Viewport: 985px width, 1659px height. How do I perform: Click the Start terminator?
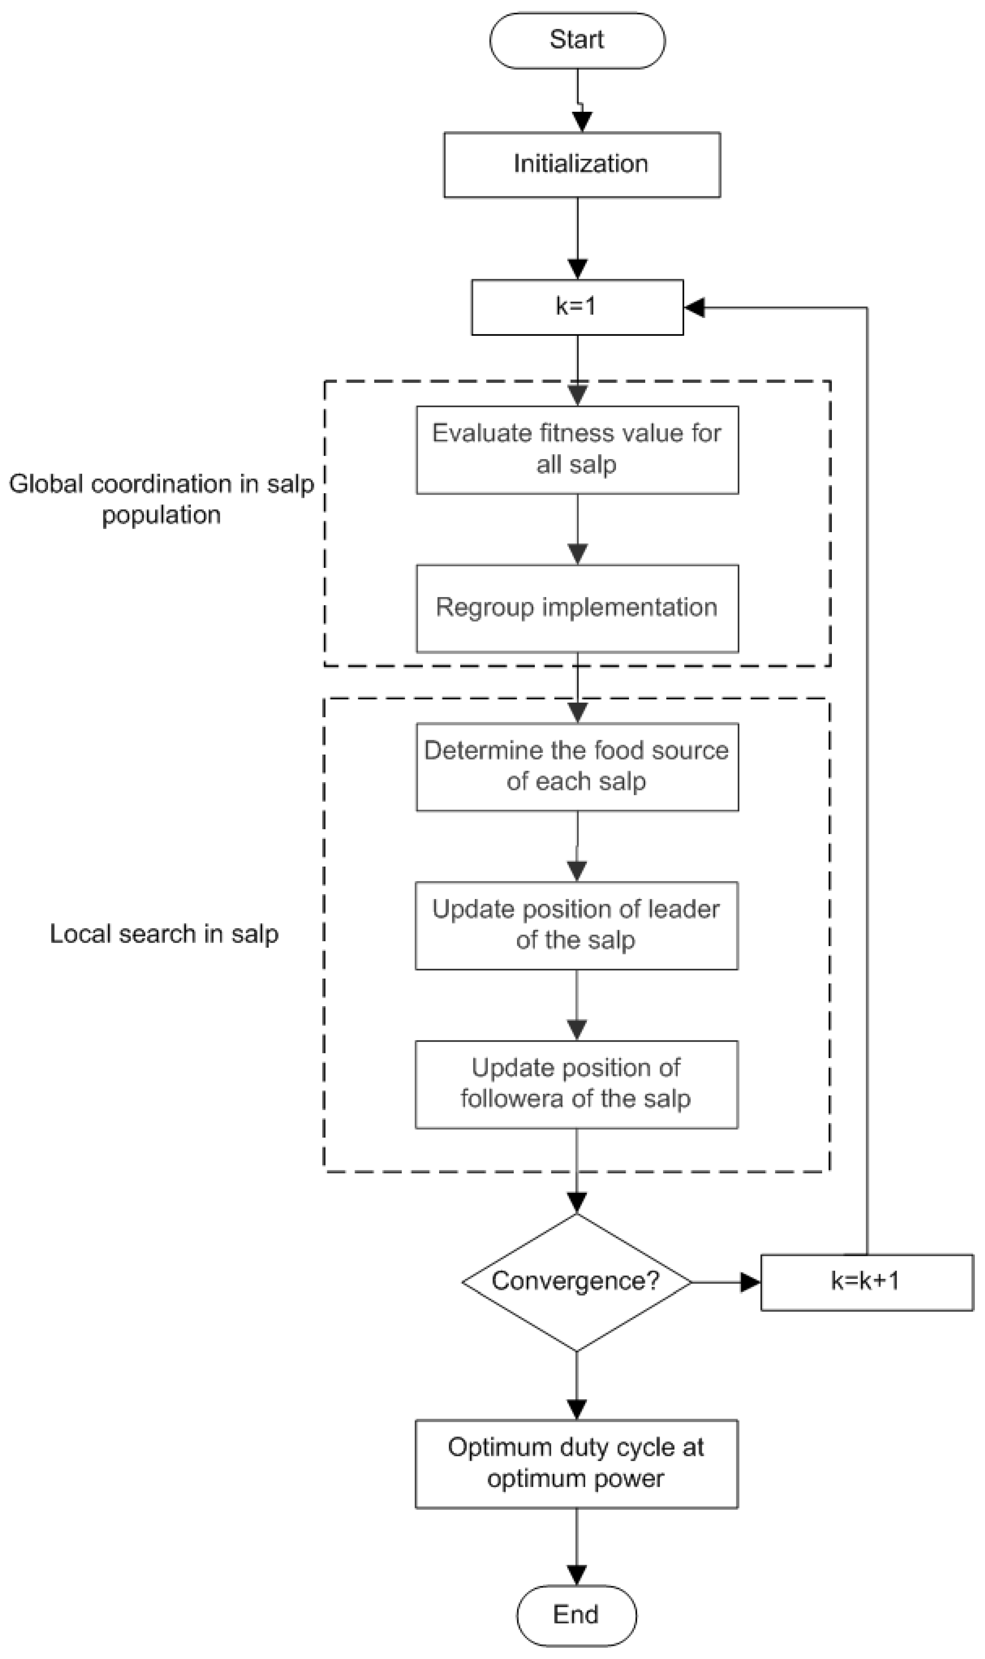click(577, 41)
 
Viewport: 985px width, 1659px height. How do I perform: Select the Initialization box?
click(581, 164)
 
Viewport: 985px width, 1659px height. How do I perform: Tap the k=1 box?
click(577, 307)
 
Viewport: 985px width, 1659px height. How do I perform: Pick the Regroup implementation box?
click(577, 608)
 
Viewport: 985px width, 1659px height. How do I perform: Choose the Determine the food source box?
click(577, 767)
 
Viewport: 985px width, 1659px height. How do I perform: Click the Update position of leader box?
click(576, 925)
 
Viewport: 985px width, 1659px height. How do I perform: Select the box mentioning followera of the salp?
click(576, 1084)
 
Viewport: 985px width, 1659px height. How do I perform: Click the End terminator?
click(576, 1615)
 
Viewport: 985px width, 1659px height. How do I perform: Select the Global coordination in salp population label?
click(161, 499)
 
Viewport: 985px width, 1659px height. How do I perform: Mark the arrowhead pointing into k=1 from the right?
click(694, 307)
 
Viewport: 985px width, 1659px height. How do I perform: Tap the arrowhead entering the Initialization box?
click(581, 122)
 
